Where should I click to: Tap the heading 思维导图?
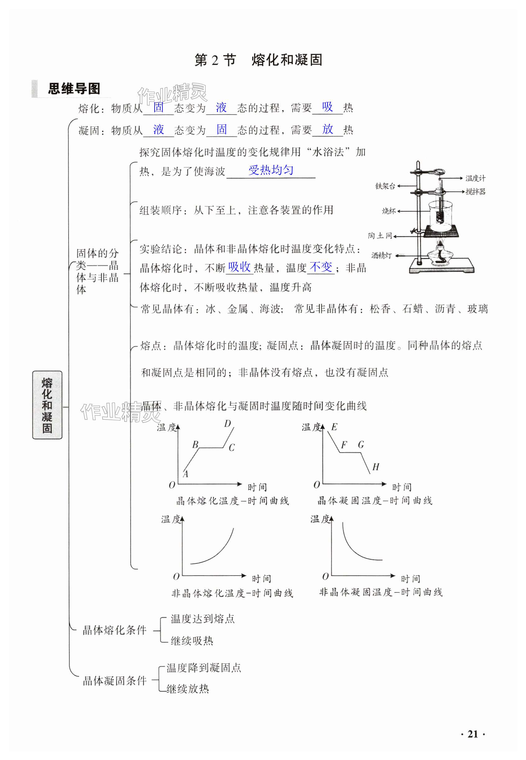coord(74,89)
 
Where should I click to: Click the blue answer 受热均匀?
coord(270,170)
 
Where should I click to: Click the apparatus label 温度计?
coord(475,178)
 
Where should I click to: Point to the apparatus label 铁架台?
coord(385,186)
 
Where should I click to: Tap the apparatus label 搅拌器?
coord(475,192)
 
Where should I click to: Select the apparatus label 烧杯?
coord(388,211)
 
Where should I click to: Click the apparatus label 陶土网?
coord(380,236)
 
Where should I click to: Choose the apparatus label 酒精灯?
coord(381,255)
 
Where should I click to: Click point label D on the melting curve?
coord(227,424)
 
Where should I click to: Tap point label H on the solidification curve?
coord(376,467)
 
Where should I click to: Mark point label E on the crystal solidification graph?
coord(334,427)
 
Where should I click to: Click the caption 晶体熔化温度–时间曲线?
coord(232,501)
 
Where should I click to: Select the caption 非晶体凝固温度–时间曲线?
coord(381,592)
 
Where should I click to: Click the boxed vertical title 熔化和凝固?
coord(47,405)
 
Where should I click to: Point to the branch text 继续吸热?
coord(192,641)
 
